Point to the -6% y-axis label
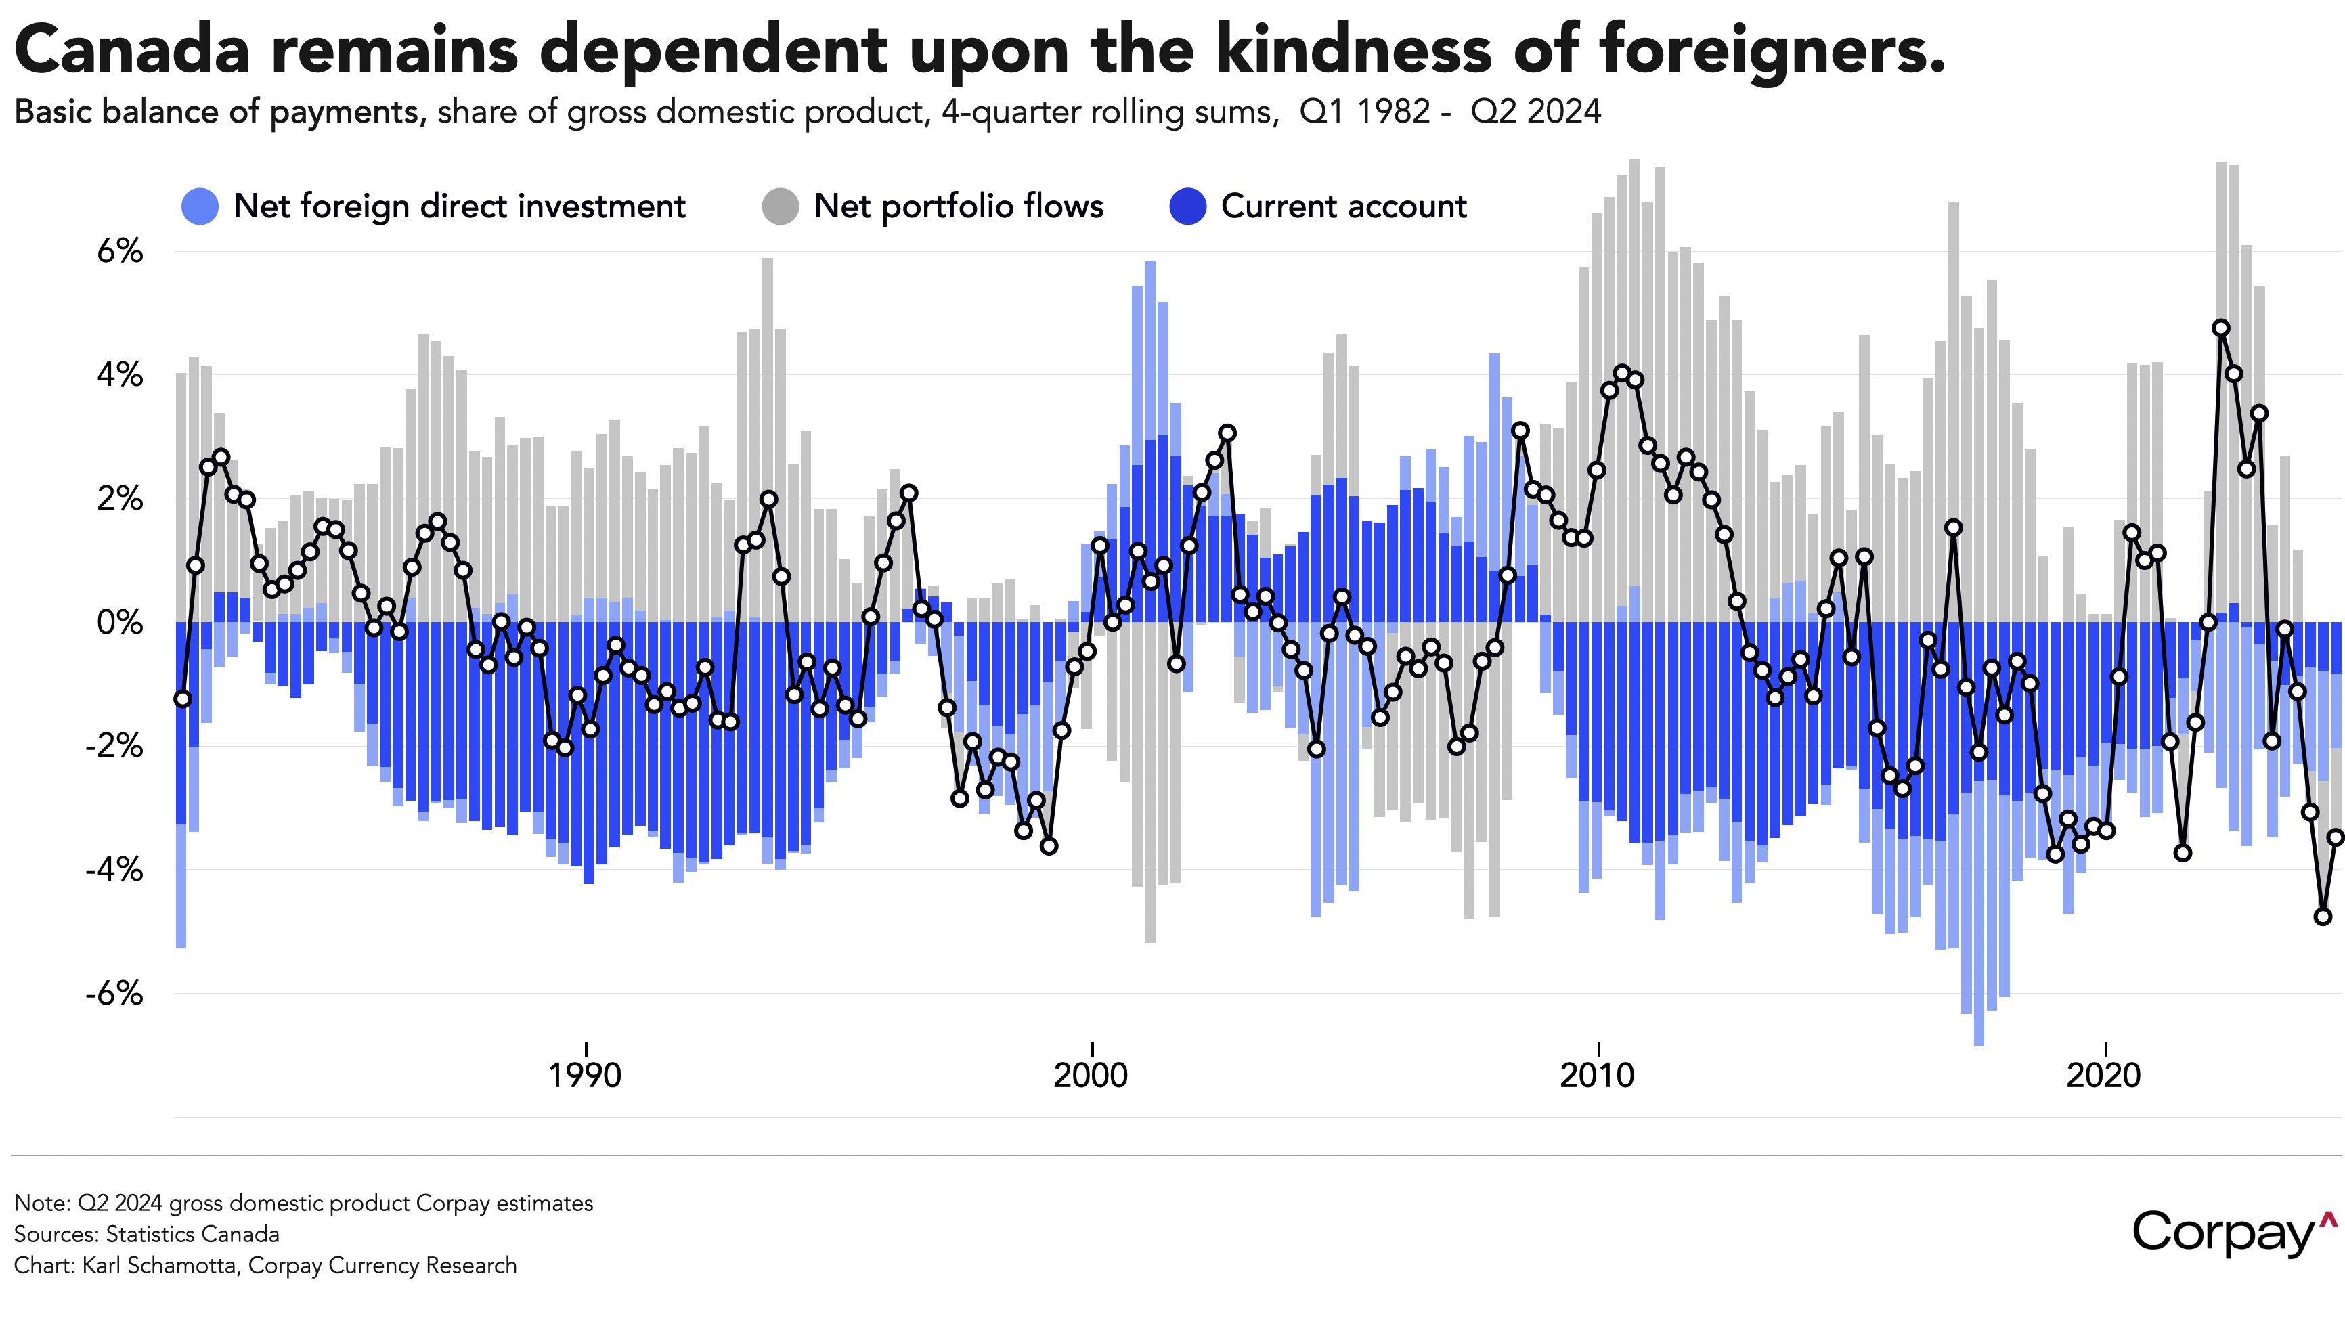tap(114, 993)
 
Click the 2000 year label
tap(1091, 1076)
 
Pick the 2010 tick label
tap(1597, 1076)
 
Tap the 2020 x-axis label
tap(2103, 1076)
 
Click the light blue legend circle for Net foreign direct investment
tap(200, 206)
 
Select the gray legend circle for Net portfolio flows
tap(780, 206)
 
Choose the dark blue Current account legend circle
tap(1188, 206)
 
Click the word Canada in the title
tap(132, 50)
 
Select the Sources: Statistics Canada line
tap(146, 1235)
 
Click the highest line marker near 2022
tap(2221, 328)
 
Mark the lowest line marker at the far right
tap(2323, 917)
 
